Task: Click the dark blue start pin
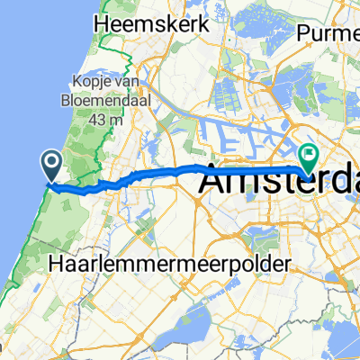(51, 165)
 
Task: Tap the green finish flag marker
(309, 158)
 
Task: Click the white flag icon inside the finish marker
(309, 155)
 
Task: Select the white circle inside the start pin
(51, 162)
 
